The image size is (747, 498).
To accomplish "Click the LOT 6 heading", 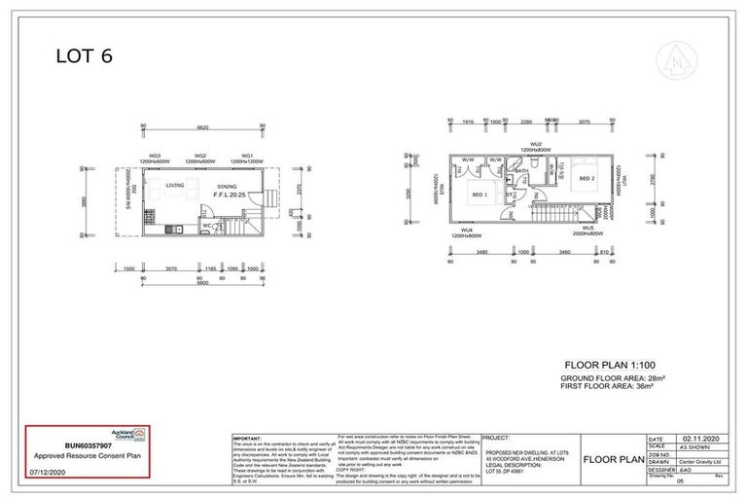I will click(84, 55).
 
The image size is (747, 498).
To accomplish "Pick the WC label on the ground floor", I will click(205, 226).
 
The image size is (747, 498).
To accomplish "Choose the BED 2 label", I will click(587, 179).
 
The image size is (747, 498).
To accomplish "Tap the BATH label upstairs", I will click(521, 171).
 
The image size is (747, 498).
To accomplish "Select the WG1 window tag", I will click(247, 156).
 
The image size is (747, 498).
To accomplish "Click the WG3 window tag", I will click(154, 156).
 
